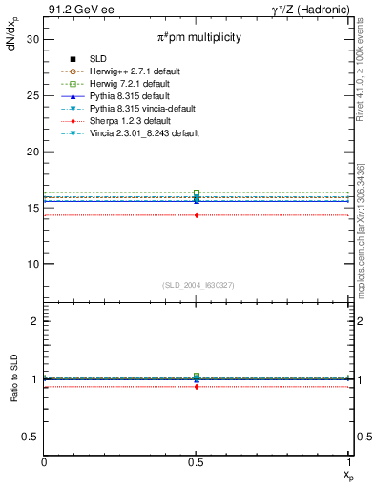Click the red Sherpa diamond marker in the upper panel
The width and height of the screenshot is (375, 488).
point(197,215)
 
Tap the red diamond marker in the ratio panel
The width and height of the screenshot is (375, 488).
point(197,386)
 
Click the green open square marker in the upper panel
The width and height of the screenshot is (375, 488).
point(197,193)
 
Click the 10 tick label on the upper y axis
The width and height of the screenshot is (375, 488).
point(31,264)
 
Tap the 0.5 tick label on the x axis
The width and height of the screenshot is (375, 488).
point(197,462)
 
